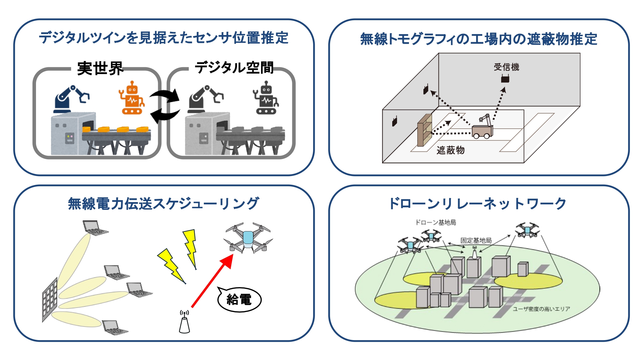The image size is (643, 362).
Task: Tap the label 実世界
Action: pyautogui.click(x=100, y=69)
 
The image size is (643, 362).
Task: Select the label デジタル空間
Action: pyautogui.click(x=234, y=68)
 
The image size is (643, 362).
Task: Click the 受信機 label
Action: pyautogui.click(x=506, y=67)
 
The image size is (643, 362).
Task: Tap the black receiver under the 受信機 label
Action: pyautogui.click(x=505, y=78)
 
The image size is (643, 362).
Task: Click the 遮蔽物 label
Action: pyautogui.click(x=450, y=150)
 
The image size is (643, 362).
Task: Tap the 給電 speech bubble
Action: pyautogui.click(x=239, y=299)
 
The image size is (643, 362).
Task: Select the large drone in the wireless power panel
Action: pyautogui.click(x=248, y=238)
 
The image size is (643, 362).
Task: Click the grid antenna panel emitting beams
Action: pyautogui.click(x=50, y=299)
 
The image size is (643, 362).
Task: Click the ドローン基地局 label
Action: pyautogui.click(x=436, y=222)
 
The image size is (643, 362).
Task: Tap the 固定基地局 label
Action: pyautogui.click(x=476, y=240)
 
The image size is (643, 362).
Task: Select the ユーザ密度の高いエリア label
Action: pyautogui.click(x=541, y=309)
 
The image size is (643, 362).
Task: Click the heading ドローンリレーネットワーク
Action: pyautogui.click(x=477, y=204)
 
